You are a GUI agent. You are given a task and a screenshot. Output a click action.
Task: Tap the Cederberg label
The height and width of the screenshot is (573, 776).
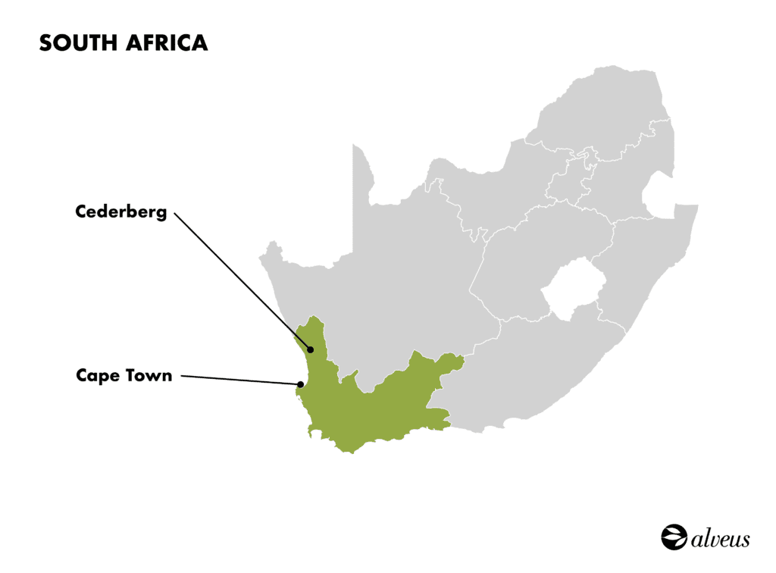pos(120,212)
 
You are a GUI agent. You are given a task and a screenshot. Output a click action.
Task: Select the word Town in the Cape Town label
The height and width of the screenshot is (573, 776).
pos(150,375)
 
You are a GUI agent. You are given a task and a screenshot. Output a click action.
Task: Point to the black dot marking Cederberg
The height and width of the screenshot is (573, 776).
pos(310,349)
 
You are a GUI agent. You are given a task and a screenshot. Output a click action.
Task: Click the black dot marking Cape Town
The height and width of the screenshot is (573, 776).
pos(300,384)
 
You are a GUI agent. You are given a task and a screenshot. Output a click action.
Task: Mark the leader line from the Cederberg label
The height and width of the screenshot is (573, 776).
pos(242,281)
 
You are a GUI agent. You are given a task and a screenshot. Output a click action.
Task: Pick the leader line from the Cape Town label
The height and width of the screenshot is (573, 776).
pos(239,379)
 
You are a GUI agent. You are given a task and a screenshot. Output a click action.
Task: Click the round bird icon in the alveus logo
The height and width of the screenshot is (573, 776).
pos(672,537)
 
